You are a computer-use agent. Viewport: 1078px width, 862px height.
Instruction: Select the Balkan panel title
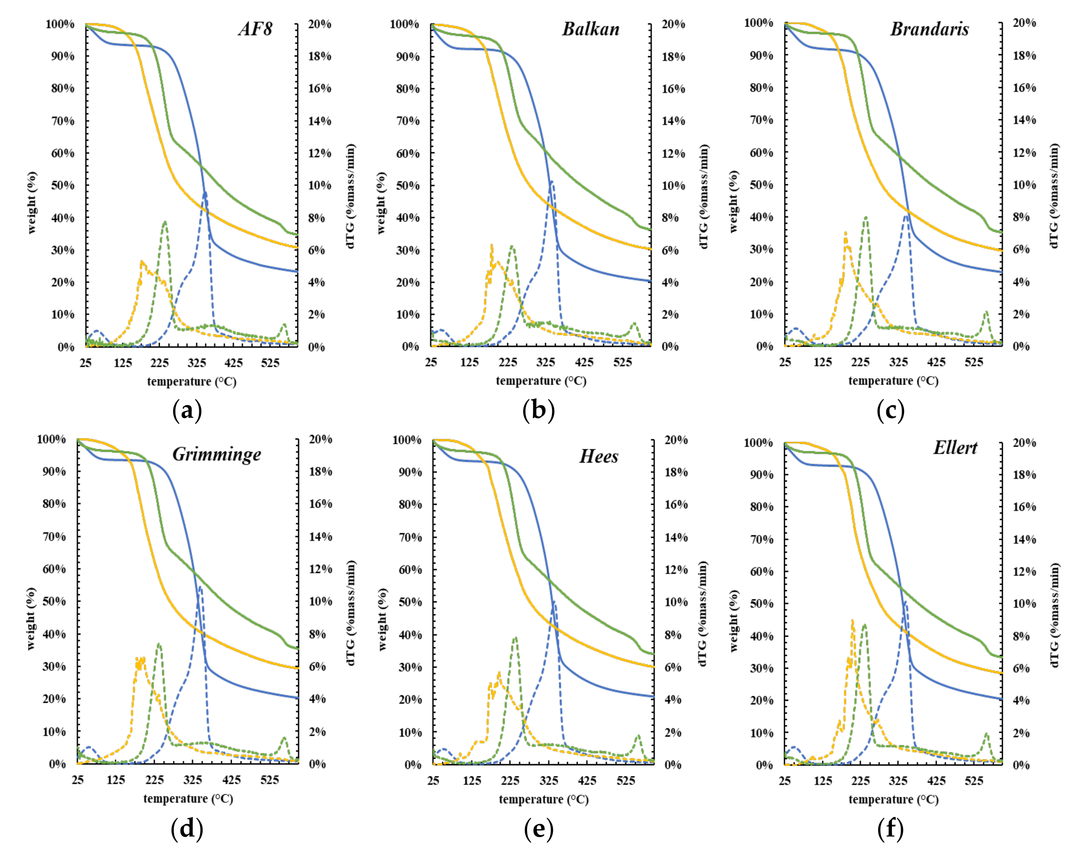pos(591,29)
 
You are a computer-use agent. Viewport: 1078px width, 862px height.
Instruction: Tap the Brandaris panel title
pos(929,29)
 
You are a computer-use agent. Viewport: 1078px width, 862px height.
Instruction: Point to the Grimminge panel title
pos(217,454)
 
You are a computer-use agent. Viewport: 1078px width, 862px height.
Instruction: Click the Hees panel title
pos(599,456)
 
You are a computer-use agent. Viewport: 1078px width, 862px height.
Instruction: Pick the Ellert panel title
pos(955,447)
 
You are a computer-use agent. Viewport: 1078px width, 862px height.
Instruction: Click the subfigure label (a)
pos(187,411)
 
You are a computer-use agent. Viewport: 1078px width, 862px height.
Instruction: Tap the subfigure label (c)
pos(890,411)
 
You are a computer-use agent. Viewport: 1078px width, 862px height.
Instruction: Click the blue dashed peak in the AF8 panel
pos(204,193)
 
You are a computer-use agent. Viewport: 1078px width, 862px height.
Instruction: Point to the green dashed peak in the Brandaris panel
pos(866,218)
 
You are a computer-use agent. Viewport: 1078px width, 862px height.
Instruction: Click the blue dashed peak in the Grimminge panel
pos(200,587)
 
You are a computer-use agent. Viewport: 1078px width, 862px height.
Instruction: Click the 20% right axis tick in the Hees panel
pos(675,440)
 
